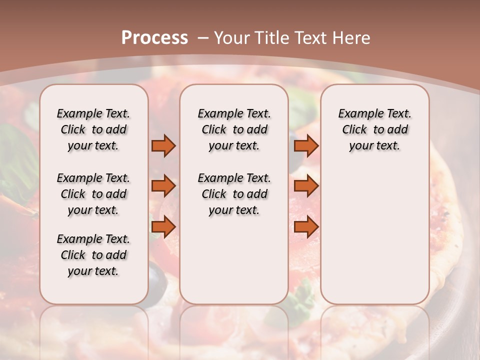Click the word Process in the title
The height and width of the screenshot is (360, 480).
tap(154, 37)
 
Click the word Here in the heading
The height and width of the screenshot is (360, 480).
tap(352, 37)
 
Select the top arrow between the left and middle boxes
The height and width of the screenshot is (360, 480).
tap(163, 145)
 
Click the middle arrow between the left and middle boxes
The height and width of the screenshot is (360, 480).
tap(163, 186)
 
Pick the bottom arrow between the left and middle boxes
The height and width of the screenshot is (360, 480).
tap(163, 226)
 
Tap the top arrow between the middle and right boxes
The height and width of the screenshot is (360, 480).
tap(306, 145)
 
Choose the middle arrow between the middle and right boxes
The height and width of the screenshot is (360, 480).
tap(306, 186)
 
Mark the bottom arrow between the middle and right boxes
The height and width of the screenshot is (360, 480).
tap(306, 226)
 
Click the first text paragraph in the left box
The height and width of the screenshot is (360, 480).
tap(93, 129)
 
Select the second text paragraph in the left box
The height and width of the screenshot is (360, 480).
tap(93, 194)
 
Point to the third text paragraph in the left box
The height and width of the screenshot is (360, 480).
tap(93, 255)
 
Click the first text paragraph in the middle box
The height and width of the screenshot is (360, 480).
tap(234, 129)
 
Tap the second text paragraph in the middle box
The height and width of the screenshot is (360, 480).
tap(234, 194)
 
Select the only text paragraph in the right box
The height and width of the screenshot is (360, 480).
tap(374, 129)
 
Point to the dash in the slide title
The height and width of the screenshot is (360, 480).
tap(203, 37)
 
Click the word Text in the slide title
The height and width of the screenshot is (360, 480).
tap(312, 37)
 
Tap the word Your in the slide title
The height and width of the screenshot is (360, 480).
tap(230, 37)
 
